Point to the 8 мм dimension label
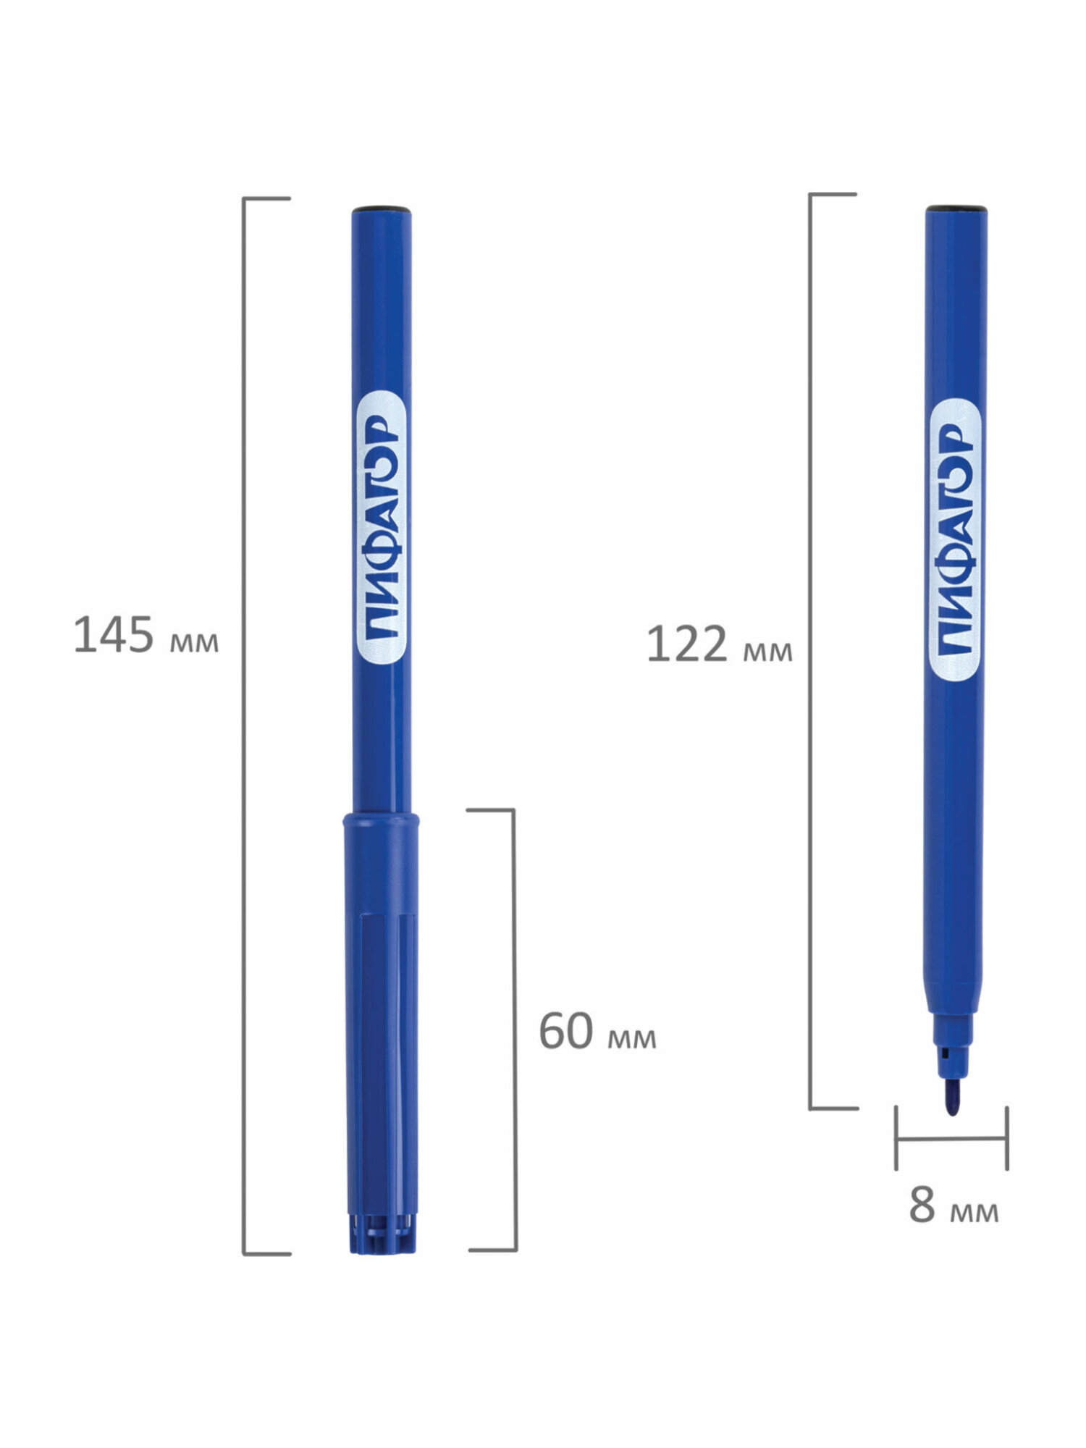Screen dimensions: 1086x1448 coord(954,1205)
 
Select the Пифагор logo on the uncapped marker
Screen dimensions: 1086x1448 coord(955,540)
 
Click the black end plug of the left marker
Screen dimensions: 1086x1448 coord(382,209)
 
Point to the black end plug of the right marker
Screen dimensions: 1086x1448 coord(956,209)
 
